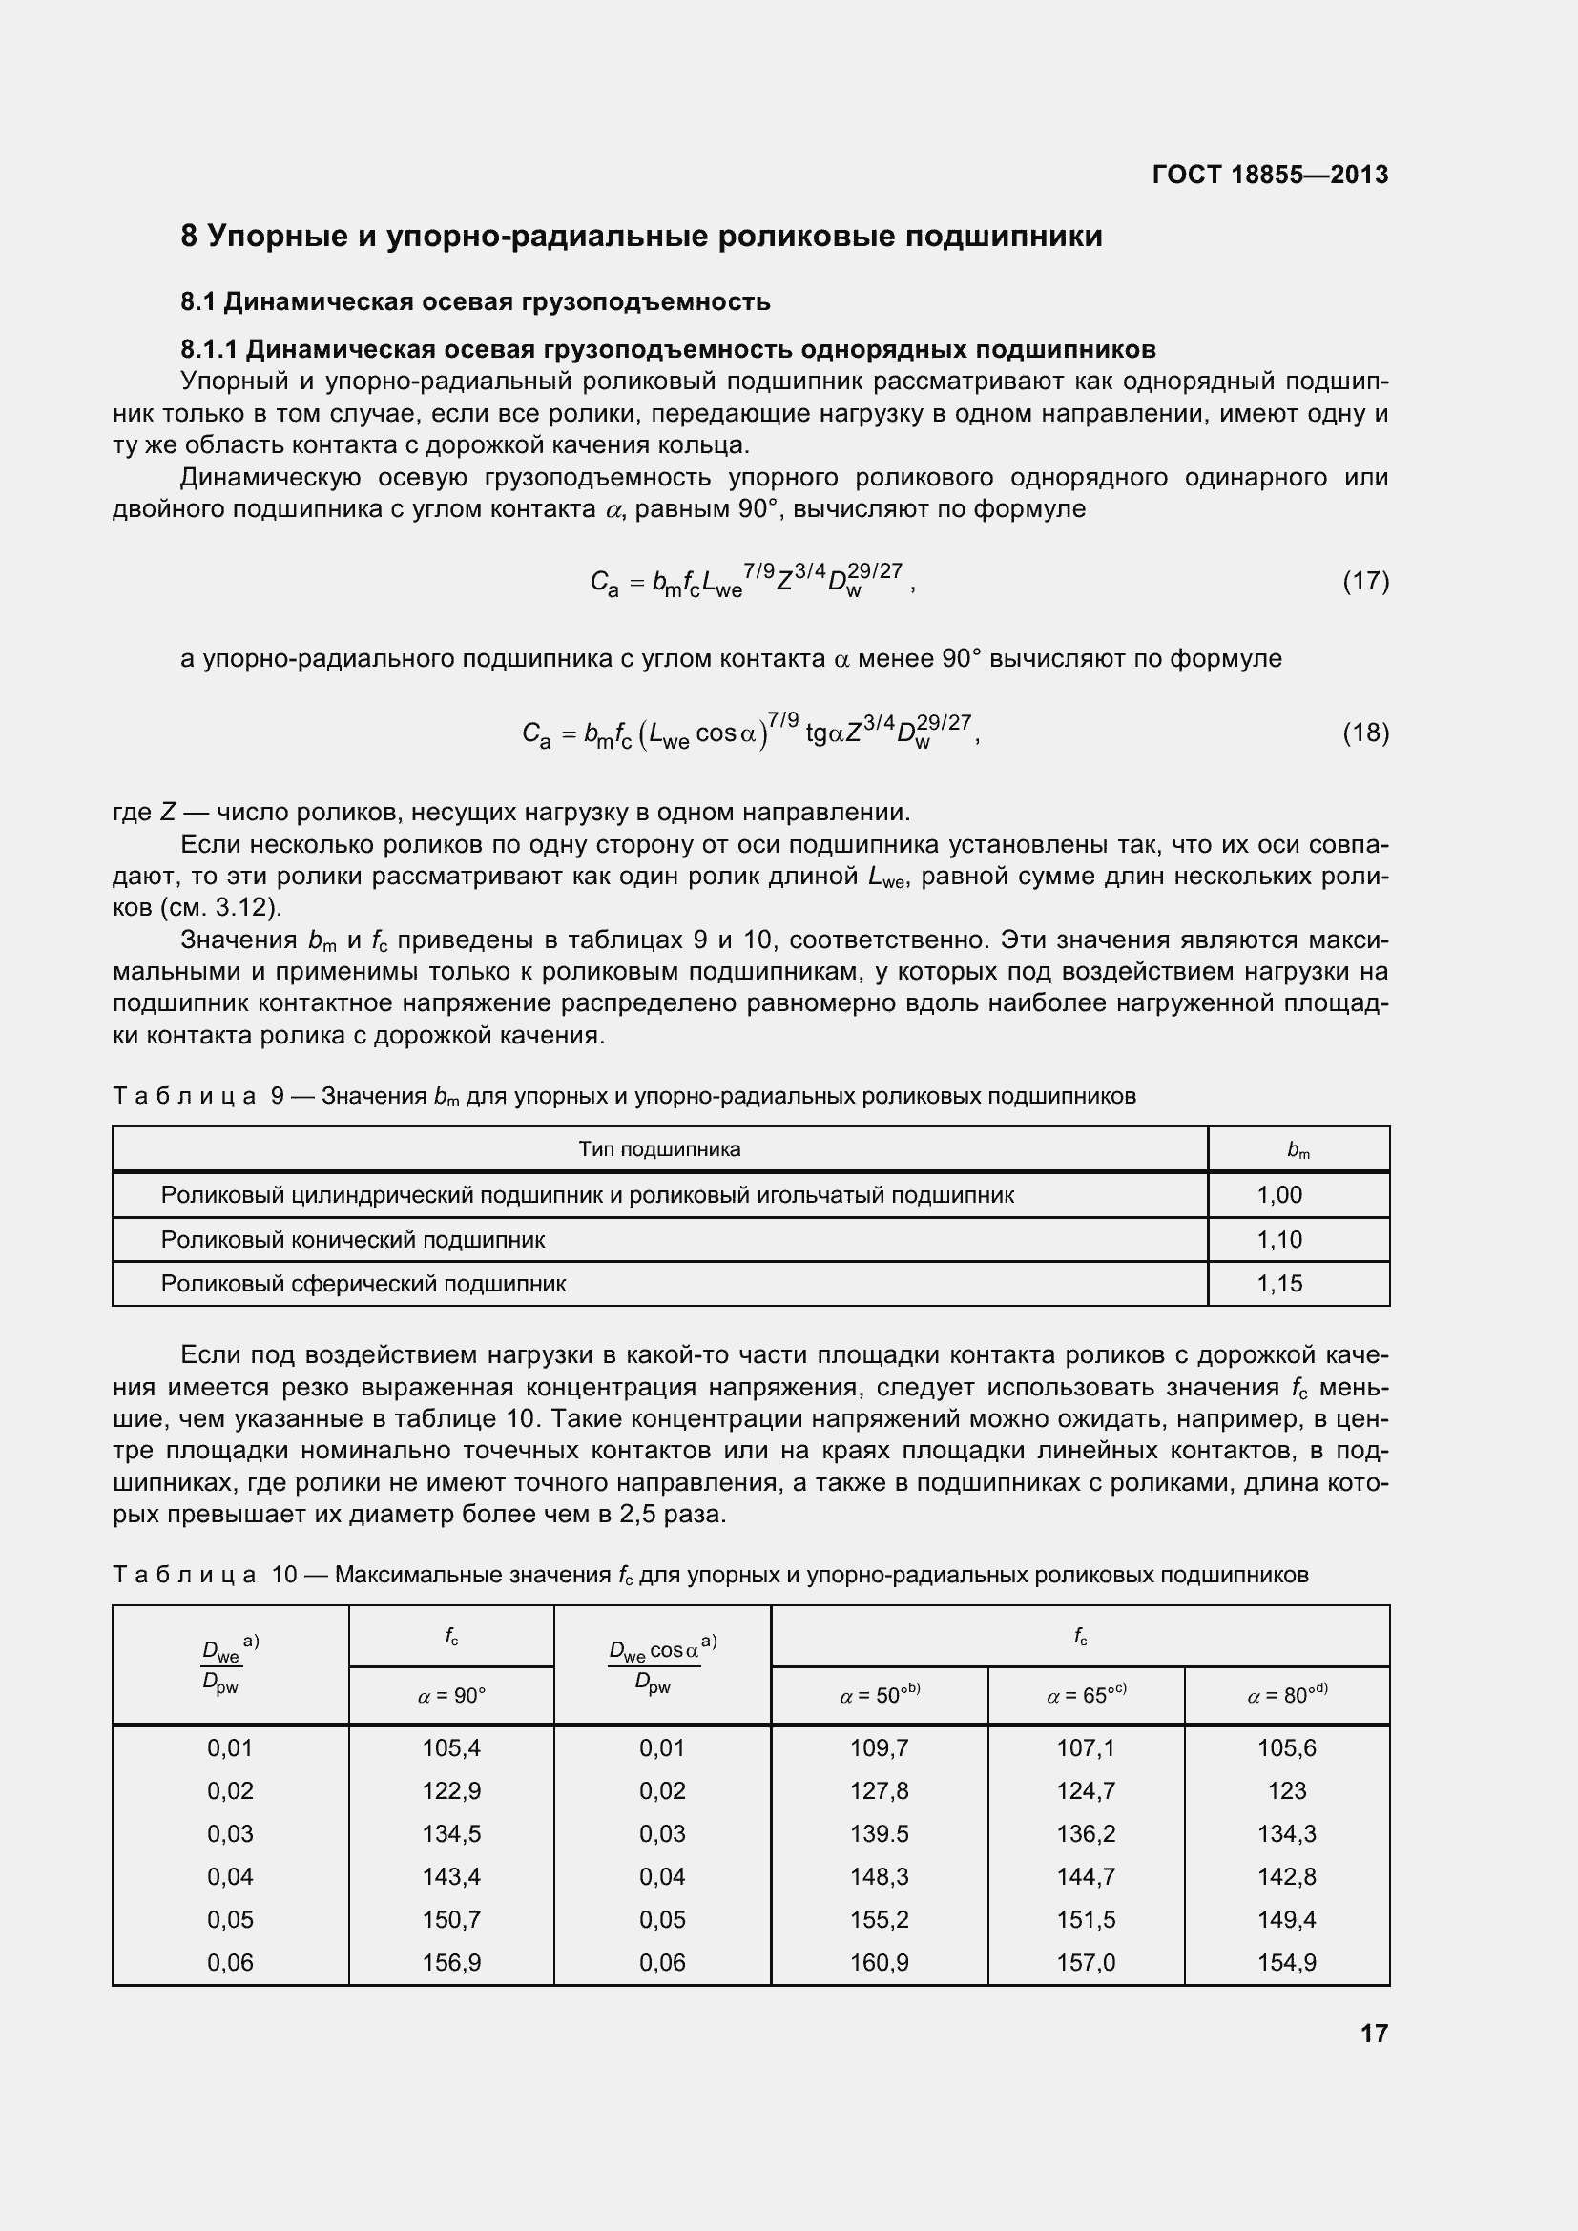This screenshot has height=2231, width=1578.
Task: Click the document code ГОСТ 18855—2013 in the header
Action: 1269,175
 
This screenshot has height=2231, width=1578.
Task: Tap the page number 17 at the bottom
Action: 1373,2034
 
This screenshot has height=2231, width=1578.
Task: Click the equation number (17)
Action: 1365,581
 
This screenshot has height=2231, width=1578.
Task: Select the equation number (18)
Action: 1365,733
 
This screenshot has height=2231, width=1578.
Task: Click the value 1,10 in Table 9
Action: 1278,1240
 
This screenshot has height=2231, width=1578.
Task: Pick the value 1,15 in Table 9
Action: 1278,1284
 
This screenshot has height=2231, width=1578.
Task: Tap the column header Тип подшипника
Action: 659,1149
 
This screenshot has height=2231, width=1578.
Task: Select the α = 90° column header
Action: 451,1696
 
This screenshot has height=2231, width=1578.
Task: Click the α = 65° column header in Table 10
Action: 1086,1696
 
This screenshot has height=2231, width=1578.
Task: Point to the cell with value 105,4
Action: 451,1748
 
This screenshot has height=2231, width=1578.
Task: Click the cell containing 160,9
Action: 879,1963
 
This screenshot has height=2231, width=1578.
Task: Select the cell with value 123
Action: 1286,1791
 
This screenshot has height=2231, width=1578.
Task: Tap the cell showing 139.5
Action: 879,1833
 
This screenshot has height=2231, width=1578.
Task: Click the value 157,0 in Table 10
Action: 1086,1963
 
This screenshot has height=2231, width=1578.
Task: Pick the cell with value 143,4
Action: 451,1876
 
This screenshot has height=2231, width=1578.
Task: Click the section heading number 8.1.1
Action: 210,349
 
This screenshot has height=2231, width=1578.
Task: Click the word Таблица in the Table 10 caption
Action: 183,1575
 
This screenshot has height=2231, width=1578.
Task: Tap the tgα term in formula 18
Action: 824,733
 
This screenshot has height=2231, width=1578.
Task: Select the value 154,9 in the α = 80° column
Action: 1286,1963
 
